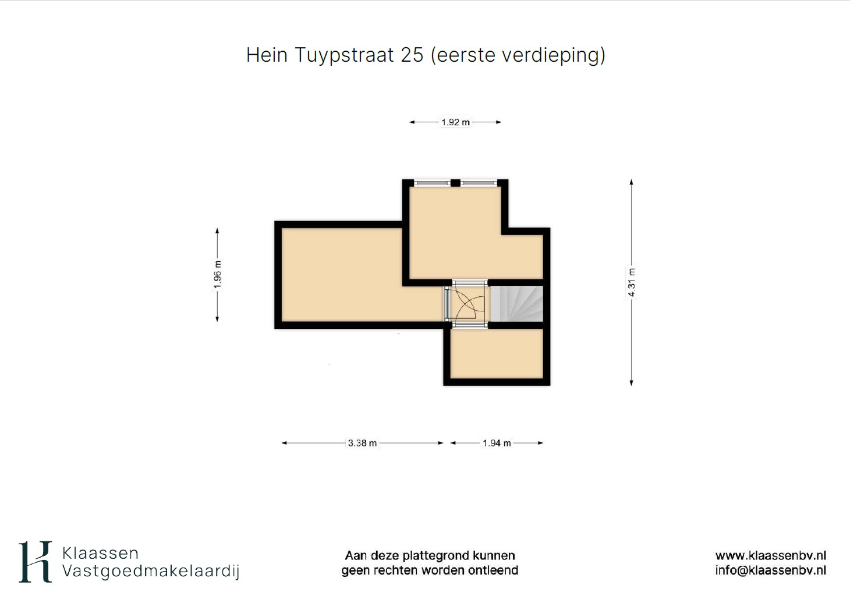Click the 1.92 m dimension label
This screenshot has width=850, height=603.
(x=455, y=122)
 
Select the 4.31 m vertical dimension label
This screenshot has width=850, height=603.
(x=632, y=283)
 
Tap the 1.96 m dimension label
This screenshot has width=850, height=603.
(x=217, y=274)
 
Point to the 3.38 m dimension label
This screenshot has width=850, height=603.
(x=362, y=443)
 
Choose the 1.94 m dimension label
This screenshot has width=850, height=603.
(x=497, y=443)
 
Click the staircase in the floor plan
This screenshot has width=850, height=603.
(x=516, y=304)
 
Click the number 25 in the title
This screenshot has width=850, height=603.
(x=412, y=55)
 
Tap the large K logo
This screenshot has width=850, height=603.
(x=35, y=562)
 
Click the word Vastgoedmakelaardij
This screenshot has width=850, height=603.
(x=151, y=572)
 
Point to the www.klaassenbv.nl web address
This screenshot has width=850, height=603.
(x=771, y=556)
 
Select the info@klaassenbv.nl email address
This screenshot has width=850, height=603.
(x=771, y=570)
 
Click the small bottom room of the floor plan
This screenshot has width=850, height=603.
(x=497, y=354)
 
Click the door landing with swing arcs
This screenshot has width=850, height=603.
(x=467, y=304)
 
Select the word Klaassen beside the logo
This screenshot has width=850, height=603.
(x=100, y=554)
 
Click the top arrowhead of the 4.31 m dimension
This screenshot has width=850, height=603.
(x=632, y=182)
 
